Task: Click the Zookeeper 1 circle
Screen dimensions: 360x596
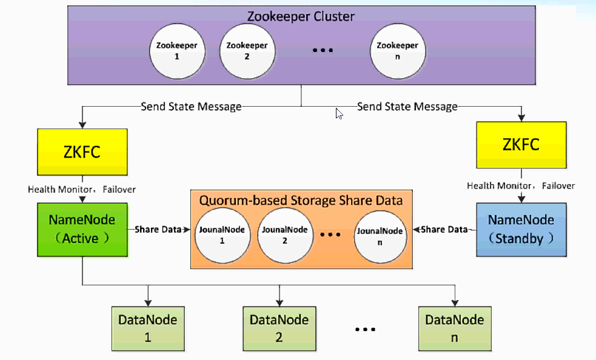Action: click(x=176, y=51)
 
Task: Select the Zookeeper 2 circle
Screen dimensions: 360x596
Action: click(x=247, y=51)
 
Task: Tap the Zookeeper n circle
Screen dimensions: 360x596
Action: click(x=397, y=51)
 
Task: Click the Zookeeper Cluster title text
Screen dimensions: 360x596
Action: click(x=301, y=16)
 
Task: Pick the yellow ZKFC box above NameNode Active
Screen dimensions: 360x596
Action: click(x=81, y=152)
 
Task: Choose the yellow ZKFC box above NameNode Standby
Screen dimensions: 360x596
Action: click(x=521, y=145)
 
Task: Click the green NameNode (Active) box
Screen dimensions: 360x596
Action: click(x=81, y=230)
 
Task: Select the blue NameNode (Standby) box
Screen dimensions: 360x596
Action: click(x=521, y=230)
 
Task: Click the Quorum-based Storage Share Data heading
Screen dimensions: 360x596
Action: click(x=301, y=199)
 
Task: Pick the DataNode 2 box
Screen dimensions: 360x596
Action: click(x=279, y=328)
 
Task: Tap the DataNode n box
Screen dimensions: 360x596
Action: click(x=454, y=328)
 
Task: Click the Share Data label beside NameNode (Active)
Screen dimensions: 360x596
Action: click(x=157, y=230)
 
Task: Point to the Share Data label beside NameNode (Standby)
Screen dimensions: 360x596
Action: click(x=444, y=230)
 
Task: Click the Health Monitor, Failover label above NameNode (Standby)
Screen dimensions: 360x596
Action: click(x=521, y=185)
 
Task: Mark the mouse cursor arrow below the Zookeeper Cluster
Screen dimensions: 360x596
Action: click(x=339, y=113)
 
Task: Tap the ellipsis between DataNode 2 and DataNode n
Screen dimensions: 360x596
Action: click(x=366, y=329)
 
